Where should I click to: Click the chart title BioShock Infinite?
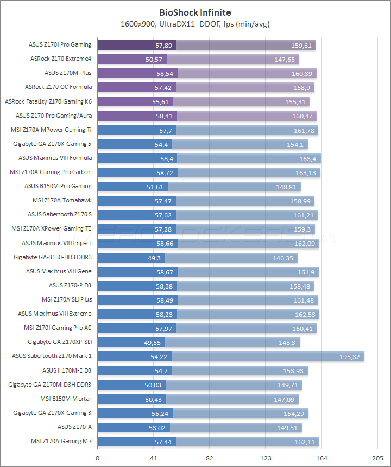coord(195,11)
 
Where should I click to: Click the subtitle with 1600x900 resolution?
coord(195,24)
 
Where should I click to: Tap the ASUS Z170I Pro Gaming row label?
coord(60,45)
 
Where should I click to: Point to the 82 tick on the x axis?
coord(209,458)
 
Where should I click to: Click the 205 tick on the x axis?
coord(377,458)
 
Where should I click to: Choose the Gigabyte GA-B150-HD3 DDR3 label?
coord(53,257)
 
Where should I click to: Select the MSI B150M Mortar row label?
coord(66,399)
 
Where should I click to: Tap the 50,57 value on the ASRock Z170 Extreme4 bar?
coord(155,60)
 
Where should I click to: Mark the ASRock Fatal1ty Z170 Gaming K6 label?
coord(48,101)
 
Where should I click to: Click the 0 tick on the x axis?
coord(98,458)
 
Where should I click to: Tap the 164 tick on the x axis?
coord(321,458)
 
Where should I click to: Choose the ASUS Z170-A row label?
coord(74,427)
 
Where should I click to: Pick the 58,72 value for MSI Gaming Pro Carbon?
coord(166,172)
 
